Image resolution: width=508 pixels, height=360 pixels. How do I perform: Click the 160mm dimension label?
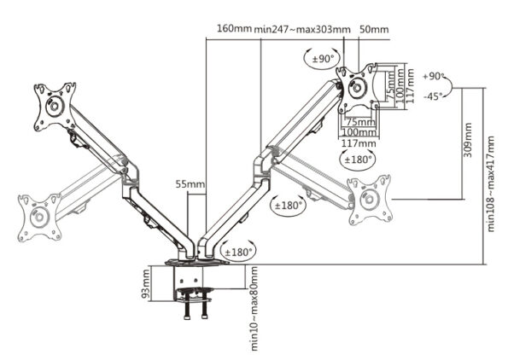[x=235, y=28]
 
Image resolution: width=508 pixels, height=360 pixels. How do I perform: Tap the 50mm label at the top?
[x=374, y=28]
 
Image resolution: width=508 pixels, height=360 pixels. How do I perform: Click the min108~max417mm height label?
[x=491, y=183]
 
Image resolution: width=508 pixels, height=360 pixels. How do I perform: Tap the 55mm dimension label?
[x=190, y=183]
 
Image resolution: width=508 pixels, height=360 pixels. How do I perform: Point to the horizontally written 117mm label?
[x=355, y=143]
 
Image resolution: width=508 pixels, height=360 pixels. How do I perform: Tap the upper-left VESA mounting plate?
[x=54, y=107]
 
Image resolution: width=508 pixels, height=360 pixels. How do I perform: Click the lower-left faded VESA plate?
[x=37, y=218]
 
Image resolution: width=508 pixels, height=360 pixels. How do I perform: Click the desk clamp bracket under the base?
[x=196, y=286]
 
